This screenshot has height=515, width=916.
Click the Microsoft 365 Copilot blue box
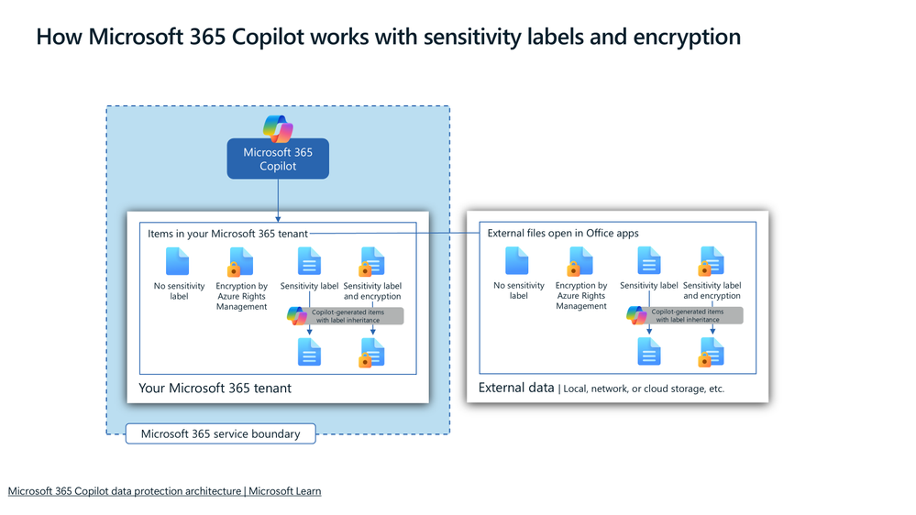(278, 159)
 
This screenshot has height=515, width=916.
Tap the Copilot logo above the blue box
(278, 128)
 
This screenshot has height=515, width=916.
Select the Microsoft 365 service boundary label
(220, 433)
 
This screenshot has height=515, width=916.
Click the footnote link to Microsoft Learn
(164, 491)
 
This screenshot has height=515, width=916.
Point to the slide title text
(388, 38)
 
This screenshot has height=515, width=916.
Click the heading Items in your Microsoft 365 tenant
(227, 234)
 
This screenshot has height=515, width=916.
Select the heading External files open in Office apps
(563, 234)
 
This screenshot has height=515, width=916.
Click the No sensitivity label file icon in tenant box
(178, 262)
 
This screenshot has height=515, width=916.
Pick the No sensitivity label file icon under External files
(517, 262)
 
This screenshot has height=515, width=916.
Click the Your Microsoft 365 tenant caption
(215, 388)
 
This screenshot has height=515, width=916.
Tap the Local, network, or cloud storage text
(644, 389)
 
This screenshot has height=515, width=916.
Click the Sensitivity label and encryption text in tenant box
(372, 290)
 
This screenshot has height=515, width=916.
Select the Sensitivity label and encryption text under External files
(712, 290)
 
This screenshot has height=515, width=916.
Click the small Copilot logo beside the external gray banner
(636, 315)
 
